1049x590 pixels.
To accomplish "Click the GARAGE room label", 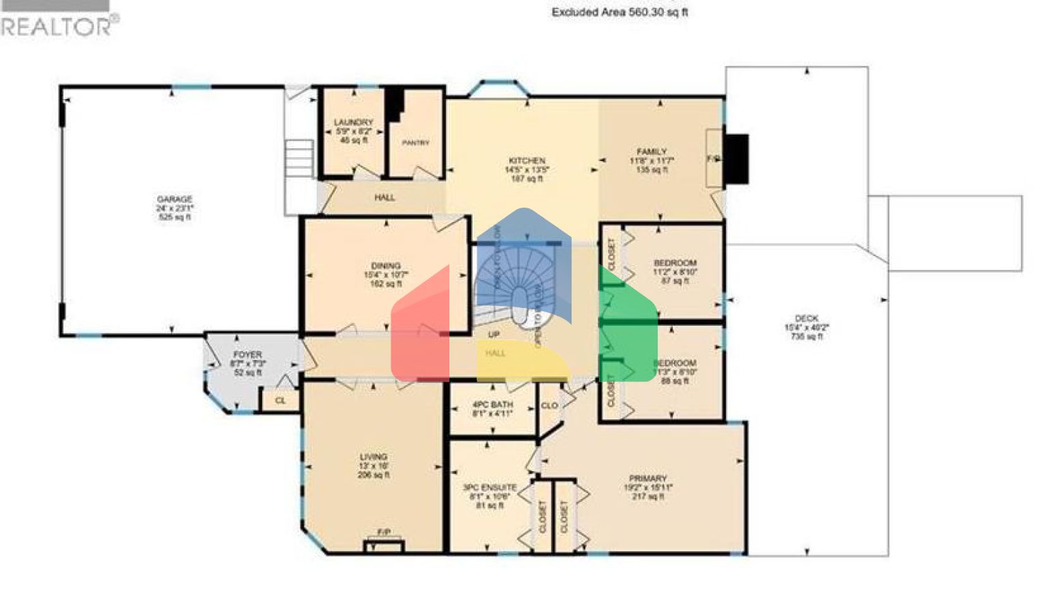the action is pyautogui.click(x=175, y=200).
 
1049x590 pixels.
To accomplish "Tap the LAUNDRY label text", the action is pyautogui.click(x=354, y=123).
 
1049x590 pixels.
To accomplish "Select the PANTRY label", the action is pyautogui.click(x=415, y=143).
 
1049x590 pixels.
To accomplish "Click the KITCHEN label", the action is pyautogui.click(x=527, y=161).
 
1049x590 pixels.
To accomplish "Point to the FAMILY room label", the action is pyautogui.click(x=652, y=152).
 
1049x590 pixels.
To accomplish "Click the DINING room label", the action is pyautogui.click(x=386, y=266).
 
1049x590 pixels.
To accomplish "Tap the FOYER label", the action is pyautogui.click(x=247, y=356).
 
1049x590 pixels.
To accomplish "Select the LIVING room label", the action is pyautogui.click(x=374, y=457).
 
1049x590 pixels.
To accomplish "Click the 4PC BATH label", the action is pyautogui.click(x=492, y=405).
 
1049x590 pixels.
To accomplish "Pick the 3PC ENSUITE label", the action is pyautogui.click(x=490, y=488).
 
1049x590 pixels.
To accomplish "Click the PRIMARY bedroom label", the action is pyautogui.click(x=647, y=479).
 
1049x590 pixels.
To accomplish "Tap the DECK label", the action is pyautogui.click(x=807, y=319).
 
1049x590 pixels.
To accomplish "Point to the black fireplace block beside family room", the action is pyautogui.click(x=736, y=158).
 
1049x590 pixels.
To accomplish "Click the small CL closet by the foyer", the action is pyautogui.click(x=280, y=401).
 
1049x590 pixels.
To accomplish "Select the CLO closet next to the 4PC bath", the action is pyautogui.click(x=549, y=406).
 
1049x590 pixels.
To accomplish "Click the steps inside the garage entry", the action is pyautogui.click(x=298, y=158).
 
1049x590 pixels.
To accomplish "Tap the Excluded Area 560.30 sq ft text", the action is pyautogui.click(x=619, y=12).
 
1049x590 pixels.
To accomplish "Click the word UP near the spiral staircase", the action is pyautogui.click(x=494, y=335).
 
